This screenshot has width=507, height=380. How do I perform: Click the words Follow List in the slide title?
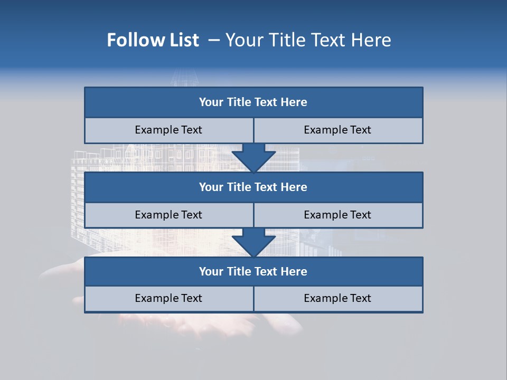(153, 40)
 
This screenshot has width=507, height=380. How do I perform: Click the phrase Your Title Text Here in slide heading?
(308, 40)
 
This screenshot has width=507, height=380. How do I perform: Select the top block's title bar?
(253, 102)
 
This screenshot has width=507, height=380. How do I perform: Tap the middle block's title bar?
(253, 187)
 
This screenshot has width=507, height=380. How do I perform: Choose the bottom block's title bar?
(253, 271)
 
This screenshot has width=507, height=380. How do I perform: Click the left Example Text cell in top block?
(168, 130)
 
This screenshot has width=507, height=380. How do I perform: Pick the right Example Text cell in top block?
(337, 130)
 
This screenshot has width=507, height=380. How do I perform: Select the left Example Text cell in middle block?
(168, 215)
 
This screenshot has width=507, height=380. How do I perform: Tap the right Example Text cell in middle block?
(337, 215)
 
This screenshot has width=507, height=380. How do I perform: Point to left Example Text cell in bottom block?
(168, 298)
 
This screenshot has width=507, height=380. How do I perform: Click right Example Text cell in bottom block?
(337, 298)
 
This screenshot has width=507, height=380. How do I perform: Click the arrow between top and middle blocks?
(253, 158)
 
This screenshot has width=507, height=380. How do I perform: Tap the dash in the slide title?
(214, 40)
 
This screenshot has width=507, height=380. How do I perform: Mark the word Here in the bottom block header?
(294, 271)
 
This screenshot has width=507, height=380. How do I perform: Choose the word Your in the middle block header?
(211, 187)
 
